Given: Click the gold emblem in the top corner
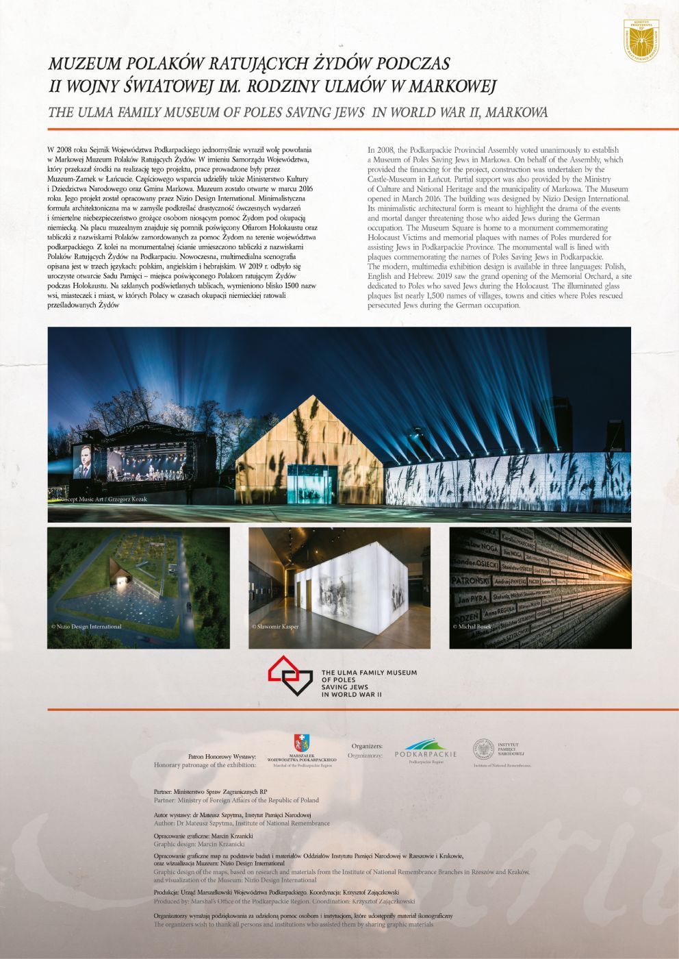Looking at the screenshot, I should pos(641,39).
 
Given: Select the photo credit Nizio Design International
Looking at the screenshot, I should pos(87,626).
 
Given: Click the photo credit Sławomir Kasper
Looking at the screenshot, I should pos(275,626).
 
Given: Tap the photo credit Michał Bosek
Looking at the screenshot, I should pos(473,626).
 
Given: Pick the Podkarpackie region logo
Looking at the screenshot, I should pos(426,750).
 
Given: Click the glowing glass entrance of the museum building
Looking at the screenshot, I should pos(313,487).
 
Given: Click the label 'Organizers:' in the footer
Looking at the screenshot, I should pos(367,746).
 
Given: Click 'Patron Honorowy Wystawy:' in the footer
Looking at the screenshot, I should pos(222,756).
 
